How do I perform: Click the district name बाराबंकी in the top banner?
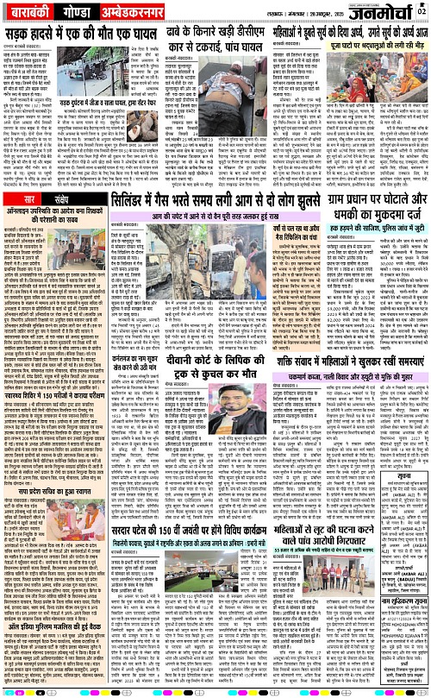pyautogui.click(x=35, y=15)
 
